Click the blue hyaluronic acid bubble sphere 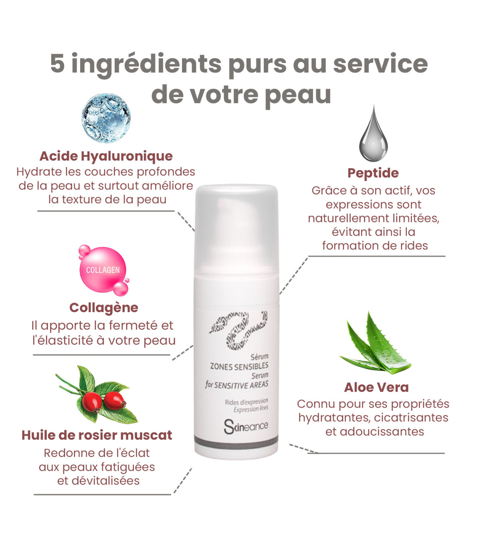pos(106,118)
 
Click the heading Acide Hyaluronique pos(106,156)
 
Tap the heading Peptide pos(373,173)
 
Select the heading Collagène pos(104,307)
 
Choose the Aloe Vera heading pos(376,388)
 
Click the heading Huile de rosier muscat pos(97,435)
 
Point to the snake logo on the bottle pos(238,331)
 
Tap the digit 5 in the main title pos(58,63)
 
